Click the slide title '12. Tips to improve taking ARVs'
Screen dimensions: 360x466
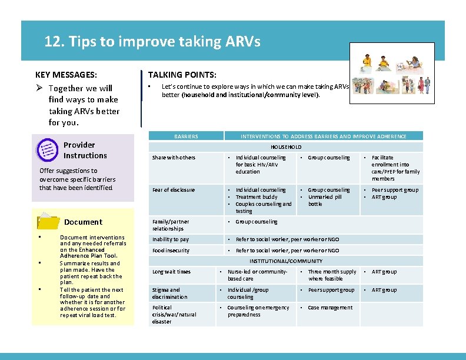pos(152,42)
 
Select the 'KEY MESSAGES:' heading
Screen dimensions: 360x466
pos(66,75)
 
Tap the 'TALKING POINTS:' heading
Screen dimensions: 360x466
pos(182,75)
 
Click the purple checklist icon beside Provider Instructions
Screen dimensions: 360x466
pos(47,150)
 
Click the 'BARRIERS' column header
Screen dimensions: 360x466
pos(186,136)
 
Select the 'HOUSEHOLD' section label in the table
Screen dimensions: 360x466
pos(286,147)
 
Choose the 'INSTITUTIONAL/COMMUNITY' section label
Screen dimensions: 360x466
pos(286,261)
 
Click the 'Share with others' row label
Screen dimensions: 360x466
pos(174,158)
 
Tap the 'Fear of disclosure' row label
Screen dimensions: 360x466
pos(174,190)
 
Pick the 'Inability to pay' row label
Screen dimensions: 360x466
pos(171,239)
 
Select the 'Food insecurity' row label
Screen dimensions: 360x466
pos(171,251)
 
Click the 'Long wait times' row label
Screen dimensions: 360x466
pos(171,272)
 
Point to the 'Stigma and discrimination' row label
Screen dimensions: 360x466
pos(170,294)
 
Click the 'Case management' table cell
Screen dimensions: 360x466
pos(330,308)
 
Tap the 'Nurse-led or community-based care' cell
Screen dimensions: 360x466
pos(257,275)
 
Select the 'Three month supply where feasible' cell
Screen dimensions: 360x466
pos(332,275)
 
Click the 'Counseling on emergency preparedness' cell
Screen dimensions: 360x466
pos(258,311)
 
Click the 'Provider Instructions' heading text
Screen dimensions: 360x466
pos(85,150)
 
